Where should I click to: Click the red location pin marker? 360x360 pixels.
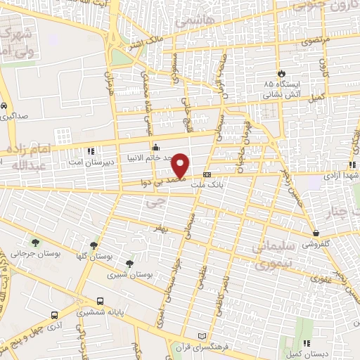[x=181, y=166]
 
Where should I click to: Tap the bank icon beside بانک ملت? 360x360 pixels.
[x=207, y=174]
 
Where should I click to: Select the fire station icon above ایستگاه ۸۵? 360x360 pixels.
[x=282, y=72]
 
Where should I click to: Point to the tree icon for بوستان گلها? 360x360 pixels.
[x=94, y=245]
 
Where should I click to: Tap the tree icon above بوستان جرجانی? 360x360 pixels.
[x=35, y=243]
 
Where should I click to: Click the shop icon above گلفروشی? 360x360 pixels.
[x=316, y=233]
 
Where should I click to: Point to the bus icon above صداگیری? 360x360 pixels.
[x=6, y=106]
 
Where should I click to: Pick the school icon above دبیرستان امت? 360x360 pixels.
[x=89, y=150]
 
